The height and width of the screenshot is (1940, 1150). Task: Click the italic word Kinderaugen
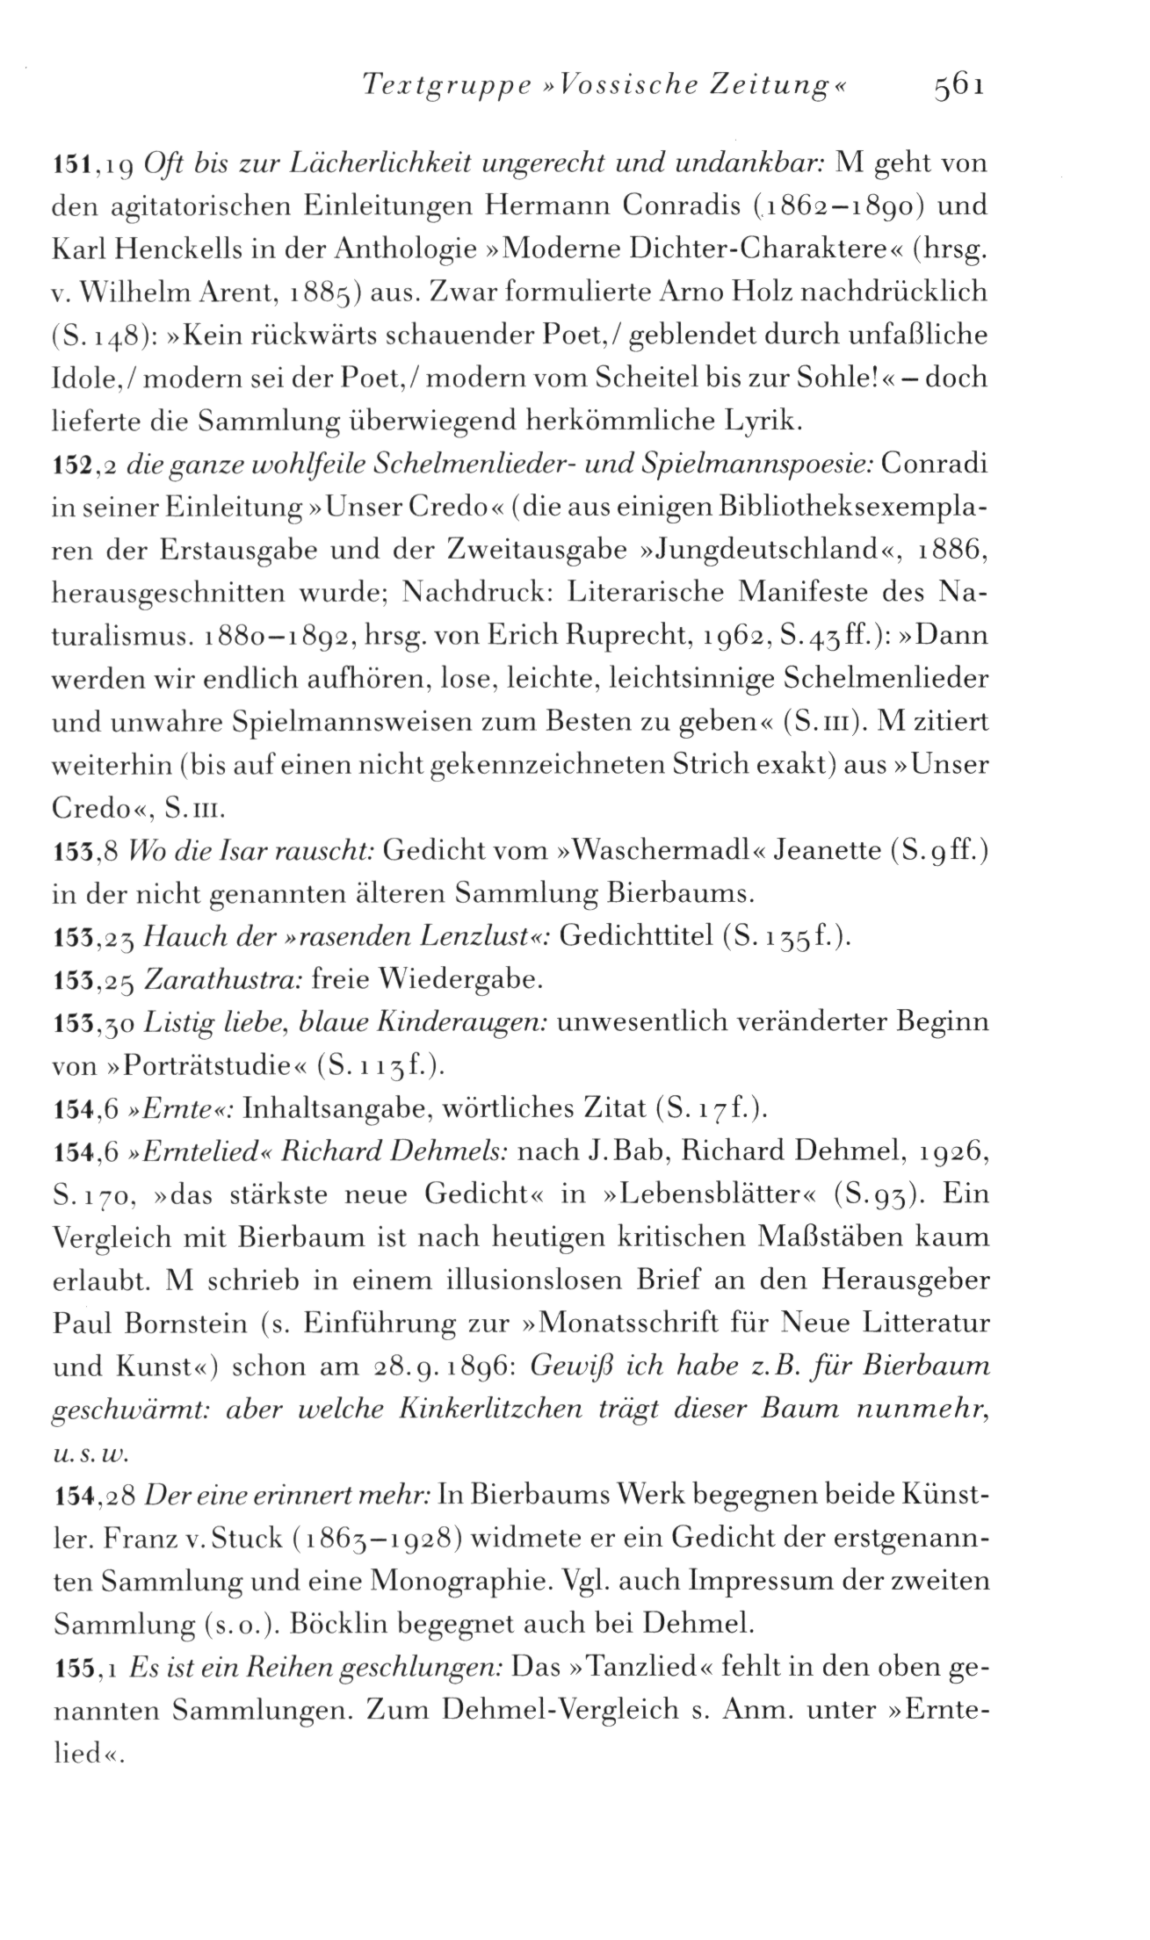pyautogui.click(x=467, y=1023)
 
